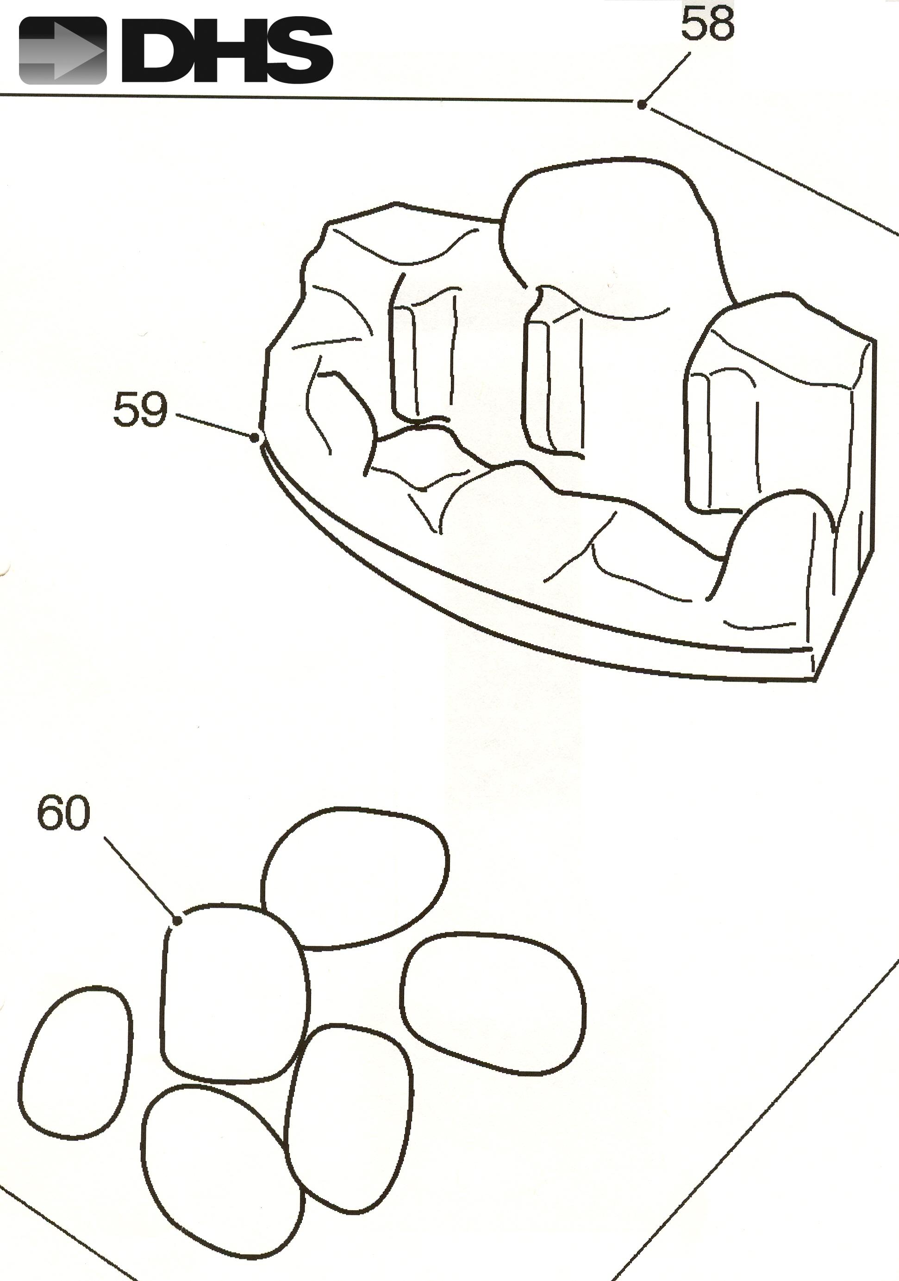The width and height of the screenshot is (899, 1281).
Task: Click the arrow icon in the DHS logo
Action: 62,51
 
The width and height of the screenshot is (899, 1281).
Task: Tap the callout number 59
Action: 140,410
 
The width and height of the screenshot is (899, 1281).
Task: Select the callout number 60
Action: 63,813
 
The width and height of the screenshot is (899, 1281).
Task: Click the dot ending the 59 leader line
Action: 256,438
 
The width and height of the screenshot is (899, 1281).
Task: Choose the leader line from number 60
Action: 140,878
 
